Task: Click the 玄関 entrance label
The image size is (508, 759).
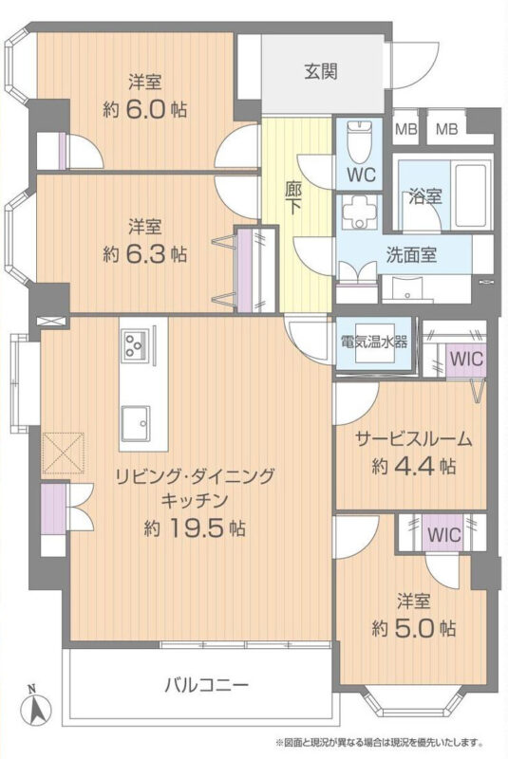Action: (x=321, y=72)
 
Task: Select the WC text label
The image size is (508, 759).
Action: (x=362, y=175)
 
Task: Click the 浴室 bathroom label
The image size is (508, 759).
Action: (x=424, y=196)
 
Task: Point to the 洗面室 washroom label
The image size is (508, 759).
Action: (x=411, y=254)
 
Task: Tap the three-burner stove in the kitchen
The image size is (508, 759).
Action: (x=135, y=344)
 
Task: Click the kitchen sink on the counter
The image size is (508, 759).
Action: (x=136, y=422)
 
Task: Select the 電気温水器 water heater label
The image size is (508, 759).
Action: (x=374, y=342)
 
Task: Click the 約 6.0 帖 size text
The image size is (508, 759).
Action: (x=144, y=111)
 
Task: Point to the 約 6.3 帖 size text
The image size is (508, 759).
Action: (x=144, y=253)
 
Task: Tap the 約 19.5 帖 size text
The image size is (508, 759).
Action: (x=195, y=528)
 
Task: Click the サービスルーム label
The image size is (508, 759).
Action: (x=414, y=439)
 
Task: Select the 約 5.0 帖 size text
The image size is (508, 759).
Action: (x=414, y=628)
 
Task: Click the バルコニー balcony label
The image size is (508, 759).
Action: (x=206, y=685)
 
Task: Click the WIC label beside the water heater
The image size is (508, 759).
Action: (x=466, y=360)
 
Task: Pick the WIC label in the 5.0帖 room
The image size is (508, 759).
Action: (x=443, y=535)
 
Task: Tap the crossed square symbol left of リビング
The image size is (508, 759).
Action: (x=64, y=454)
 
